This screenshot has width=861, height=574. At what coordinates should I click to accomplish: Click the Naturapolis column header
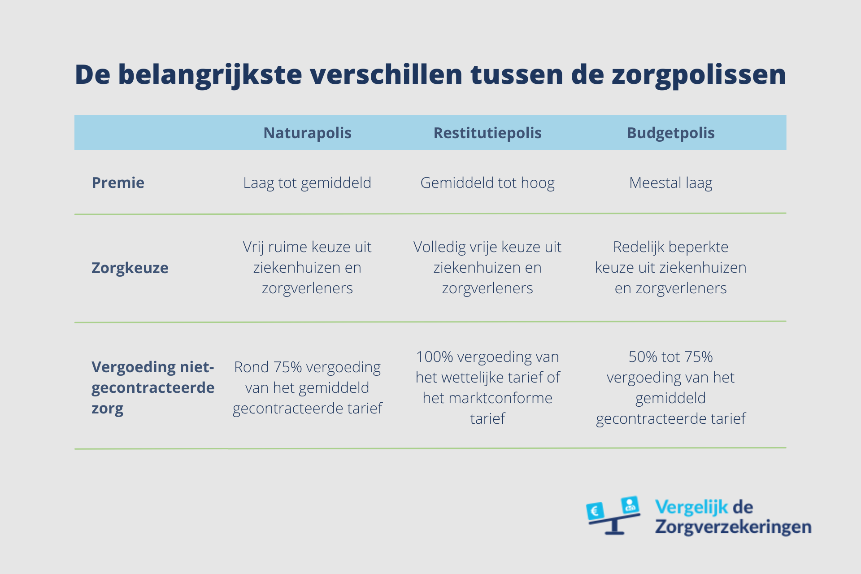pyautogui.click(x=307, y=133)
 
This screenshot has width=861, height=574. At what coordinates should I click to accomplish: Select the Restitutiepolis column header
pyautogui.click(x=487, y=133)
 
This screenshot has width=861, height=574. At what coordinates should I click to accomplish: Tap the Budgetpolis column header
pyautogui.click(x=670, y=133)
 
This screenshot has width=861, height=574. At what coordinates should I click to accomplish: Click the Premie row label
pyautogui.click(x=118, y=183)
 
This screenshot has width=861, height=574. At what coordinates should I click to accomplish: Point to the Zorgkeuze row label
pyautogui.click(x=130, y=268)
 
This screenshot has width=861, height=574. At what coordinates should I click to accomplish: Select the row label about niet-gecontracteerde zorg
pyautogui.click(x=152, y=387)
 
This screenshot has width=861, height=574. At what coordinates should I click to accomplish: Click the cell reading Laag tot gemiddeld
pyautogui.click(x=307, y=183)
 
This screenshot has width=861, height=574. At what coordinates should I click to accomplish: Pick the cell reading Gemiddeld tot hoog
pyautogui.click(x=487, y=183)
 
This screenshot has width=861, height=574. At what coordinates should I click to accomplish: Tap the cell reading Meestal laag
pyautogui.click(x=670, y=183)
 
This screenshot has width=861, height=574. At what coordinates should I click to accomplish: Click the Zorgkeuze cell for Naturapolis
pyautogui.click(x=307, y=267)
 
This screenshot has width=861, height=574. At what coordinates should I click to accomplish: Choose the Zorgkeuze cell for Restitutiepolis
pyautogui.click(x=487, y=267)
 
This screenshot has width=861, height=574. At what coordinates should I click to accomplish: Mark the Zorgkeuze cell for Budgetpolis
pyautogui.click(x=670, y=267)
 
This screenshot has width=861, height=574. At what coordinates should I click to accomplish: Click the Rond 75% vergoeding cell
pyautogui.click(x=307, y=387)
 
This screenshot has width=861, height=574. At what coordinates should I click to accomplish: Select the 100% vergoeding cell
pyautogui.click(x=487, y=387)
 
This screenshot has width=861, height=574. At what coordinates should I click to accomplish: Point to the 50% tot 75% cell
pyautogui.click(x=670, y=387)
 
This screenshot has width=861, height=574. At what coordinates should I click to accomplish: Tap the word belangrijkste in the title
pyautogui.click(x=210, y=74)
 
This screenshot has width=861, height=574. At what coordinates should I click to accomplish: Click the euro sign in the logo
pyautogui.click(x=595, y=511)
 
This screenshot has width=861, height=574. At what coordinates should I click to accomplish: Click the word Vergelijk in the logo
pyautogui.click(x=691, y=507)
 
